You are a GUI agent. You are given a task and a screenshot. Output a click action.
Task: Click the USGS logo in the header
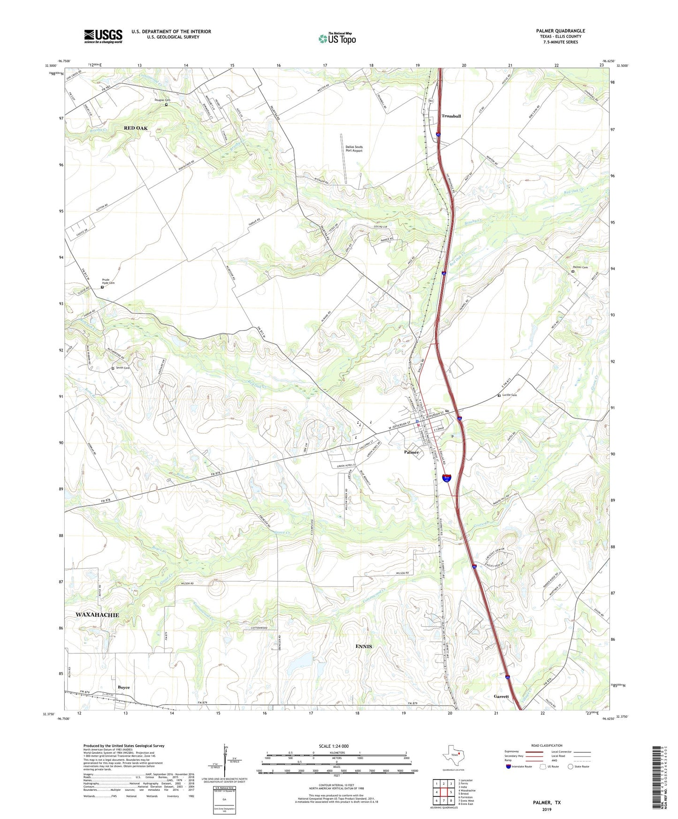[x=103, y=36]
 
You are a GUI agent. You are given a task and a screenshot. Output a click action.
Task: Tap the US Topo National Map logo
[x=337, y=38]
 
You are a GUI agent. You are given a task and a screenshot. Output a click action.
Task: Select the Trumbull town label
[x=451, y=116]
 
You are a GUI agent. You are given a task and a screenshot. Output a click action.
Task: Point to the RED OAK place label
[x=136, y=128]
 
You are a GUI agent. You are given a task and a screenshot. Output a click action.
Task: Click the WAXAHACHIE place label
[x=97, y=614]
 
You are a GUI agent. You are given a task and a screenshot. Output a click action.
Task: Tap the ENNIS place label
[x=364, y=646]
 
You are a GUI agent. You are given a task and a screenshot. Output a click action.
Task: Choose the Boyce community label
[x=124, y=688]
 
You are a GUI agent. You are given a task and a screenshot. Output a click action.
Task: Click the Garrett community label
[x=501, y=697]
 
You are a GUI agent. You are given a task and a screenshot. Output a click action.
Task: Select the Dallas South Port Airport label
[x=354, y=149]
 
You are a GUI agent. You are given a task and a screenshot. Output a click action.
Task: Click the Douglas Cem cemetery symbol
[x=166, y=105]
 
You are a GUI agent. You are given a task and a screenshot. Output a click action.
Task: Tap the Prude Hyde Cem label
[x=108, y=281]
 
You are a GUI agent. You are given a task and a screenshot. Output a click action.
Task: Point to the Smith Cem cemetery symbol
[x=113, y=369]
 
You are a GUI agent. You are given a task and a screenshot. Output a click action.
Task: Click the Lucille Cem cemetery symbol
[x=499, y=396]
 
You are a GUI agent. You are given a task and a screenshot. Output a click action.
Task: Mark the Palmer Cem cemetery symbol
[x=573, y=271]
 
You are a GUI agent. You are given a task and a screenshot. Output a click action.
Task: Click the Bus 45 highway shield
[x=447, y=478]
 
